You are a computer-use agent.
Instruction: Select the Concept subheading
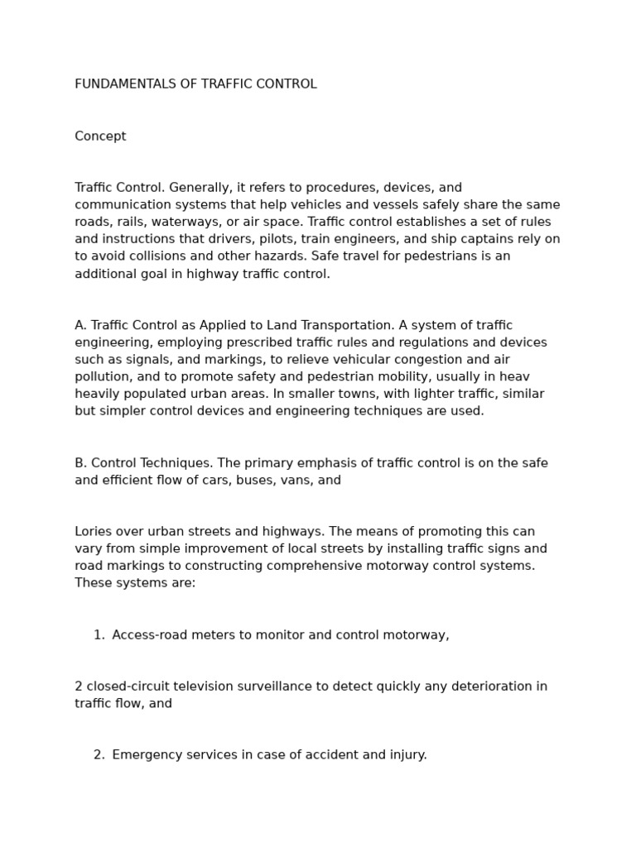pos(100,136)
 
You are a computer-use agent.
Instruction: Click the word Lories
pos(94,532)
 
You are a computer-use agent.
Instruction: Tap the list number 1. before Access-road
pos(99,635)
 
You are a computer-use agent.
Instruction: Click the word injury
pos(406,755)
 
